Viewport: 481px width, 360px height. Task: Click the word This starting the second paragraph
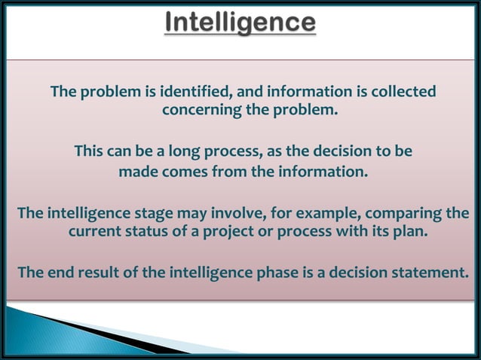[x=90, y=152]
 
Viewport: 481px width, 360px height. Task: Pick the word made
[x=136, y=172]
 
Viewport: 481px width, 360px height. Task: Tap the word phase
[x=278, y=272]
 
